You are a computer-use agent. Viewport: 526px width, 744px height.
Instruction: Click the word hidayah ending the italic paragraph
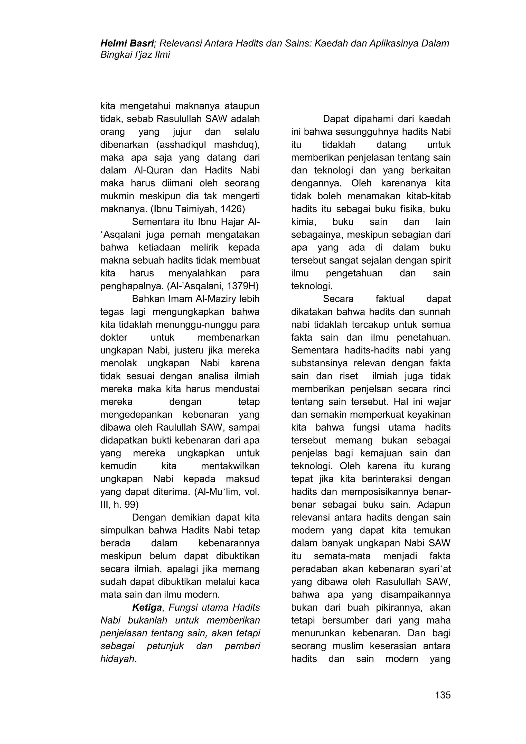point(118,659)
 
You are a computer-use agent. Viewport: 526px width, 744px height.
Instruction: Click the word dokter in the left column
point(114,338)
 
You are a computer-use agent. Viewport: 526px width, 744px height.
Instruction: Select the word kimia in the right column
point(303,222)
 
